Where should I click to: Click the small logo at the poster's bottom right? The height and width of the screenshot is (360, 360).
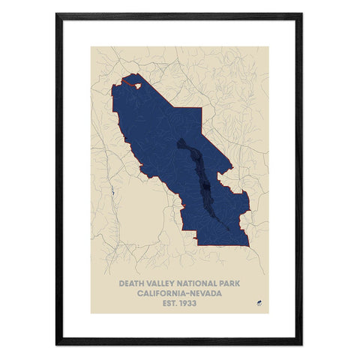point(256,303)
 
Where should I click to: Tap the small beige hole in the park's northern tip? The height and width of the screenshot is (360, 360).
point(137,84)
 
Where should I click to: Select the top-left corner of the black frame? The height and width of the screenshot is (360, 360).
point(58,14)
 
